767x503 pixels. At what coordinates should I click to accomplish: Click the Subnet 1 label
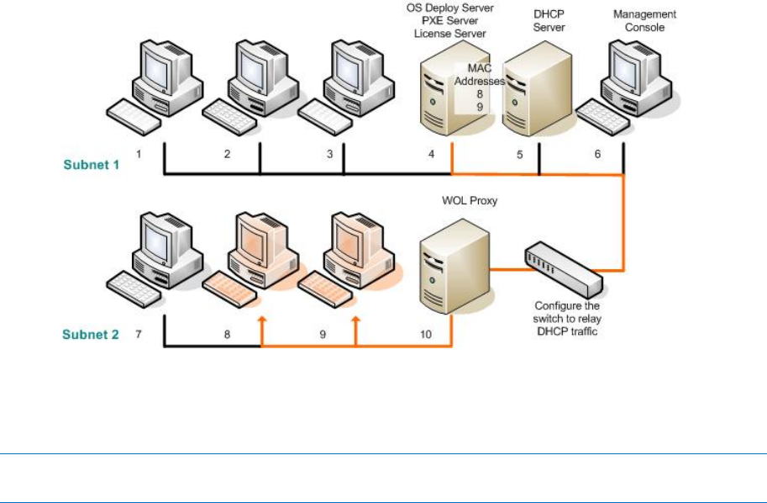pos(92,165)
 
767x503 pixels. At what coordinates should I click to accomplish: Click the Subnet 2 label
pos(92,335)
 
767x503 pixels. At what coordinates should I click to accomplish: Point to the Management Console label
pos(644,21)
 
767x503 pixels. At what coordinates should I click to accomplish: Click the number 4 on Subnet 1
pos(431,154)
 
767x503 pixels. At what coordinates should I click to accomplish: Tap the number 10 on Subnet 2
pos(426,335)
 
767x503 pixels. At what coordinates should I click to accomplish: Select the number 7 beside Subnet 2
pos(139,335)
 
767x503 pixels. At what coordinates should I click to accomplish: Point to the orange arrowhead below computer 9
pos(356,320)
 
